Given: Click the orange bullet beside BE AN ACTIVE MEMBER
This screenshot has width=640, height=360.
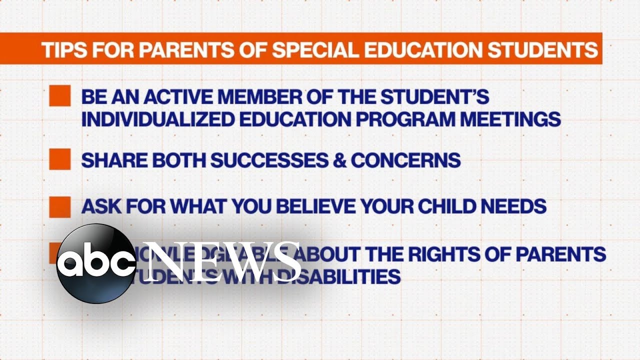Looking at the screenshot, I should (x=59, y=95).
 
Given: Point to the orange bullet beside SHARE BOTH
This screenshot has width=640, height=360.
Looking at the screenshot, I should (x=59, y=159).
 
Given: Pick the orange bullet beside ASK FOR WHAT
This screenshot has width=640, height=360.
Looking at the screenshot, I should (x=59, y=206).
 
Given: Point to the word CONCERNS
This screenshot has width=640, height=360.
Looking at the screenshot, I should (x=406, y=160).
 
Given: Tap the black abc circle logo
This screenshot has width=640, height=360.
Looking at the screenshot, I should (x=95, y=264).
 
